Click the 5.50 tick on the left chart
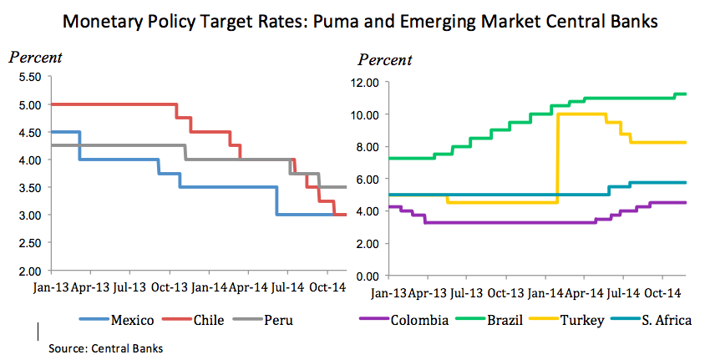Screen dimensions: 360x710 click(x=30, y=77)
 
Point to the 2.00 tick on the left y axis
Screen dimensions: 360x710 click(x=30, y=271)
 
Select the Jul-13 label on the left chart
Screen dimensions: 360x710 click(x=128, y=286)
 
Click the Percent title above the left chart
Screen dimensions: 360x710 click(x=35, y=58)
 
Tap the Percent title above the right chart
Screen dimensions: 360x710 click(x=385, y=60)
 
